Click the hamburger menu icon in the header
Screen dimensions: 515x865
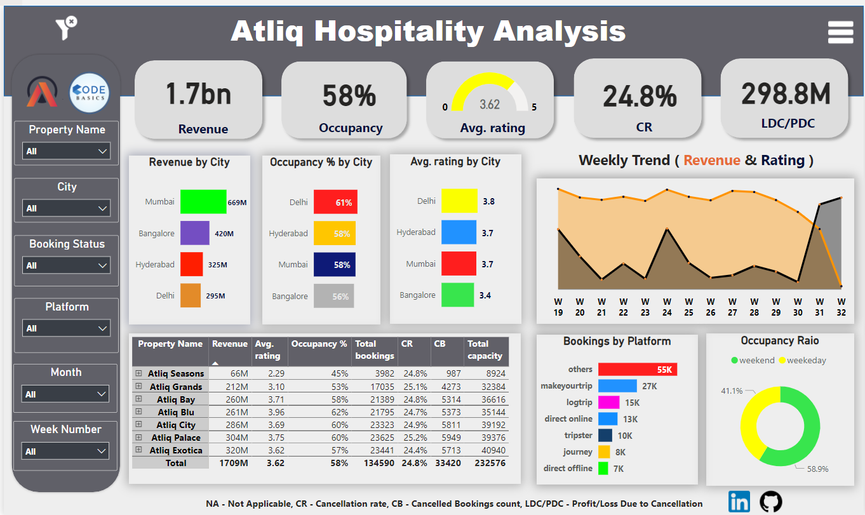840,32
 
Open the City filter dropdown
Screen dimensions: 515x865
67,208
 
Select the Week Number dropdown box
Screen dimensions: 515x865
66,451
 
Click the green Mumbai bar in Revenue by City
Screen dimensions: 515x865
203,202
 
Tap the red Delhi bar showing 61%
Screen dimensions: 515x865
334,203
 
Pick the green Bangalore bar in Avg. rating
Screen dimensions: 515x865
457,295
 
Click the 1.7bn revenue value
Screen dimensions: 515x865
198,94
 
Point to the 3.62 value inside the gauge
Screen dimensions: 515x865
489,104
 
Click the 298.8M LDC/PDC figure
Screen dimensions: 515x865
786,94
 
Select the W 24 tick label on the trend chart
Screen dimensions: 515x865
666,306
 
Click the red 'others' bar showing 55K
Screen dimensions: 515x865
637,370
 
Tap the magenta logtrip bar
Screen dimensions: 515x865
608,403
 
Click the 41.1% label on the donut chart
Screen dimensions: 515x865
732,391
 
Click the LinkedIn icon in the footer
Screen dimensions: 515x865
739,501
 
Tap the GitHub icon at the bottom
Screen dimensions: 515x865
771,501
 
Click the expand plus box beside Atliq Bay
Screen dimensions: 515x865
138,399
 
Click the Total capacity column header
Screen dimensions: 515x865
485,350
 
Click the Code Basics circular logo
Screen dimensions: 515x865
88,93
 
